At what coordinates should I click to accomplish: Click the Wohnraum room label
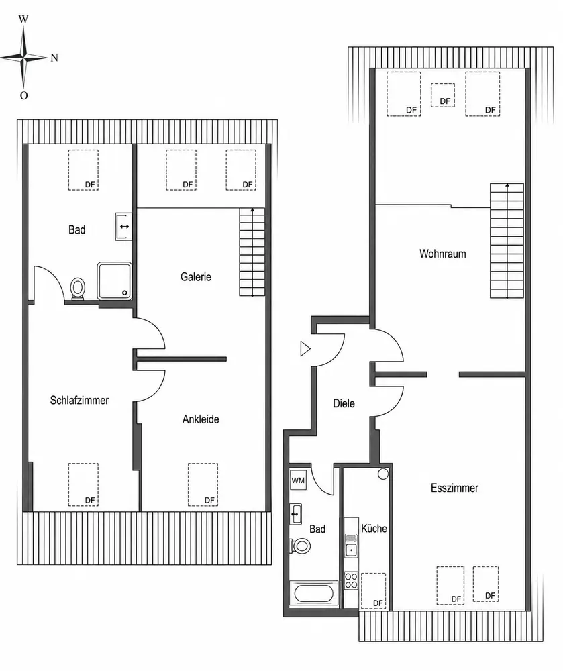click(442, 254)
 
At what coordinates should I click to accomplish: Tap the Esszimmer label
click(454, 488)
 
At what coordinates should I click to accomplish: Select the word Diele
click(344, 403)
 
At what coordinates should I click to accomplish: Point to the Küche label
click(374, 529)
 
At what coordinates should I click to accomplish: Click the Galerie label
click(195, 277)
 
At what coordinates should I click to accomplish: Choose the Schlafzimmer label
click(79, 400)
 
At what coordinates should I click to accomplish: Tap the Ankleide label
click(201, 419)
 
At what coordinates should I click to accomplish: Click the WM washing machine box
click(298, 480)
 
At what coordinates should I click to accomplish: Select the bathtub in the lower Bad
click(313, 593)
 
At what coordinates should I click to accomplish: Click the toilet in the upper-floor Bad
click(78, 289)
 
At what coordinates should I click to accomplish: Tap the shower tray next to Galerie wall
click(114, 280)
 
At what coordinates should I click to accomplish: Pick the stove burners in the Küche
click(351, 580)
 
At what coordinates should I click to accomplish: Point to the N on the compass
click(54, 58)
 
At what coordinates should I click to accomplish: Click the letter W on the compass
click(23, 19)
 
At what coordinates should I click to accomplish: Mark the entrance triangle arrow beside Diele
click(305, 349)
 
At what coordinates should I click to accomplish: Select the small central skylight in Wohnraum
click(442, 95)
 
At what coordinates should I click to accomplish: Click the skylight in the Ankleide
click(203, 484)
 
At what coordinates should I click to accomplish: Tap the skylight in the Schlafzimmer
click(83, 484)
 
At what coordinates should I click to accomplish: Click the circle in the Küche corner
click(383, 474)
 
